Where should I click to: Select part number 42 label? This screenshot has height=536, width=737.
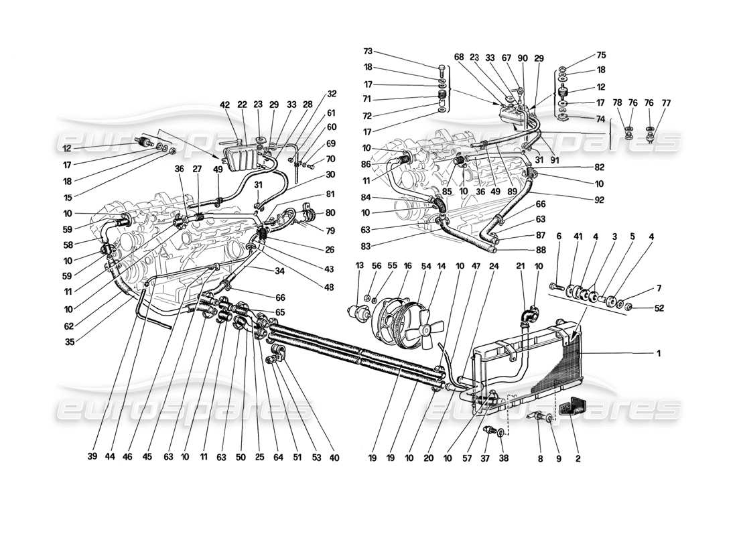coord(225,105)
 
